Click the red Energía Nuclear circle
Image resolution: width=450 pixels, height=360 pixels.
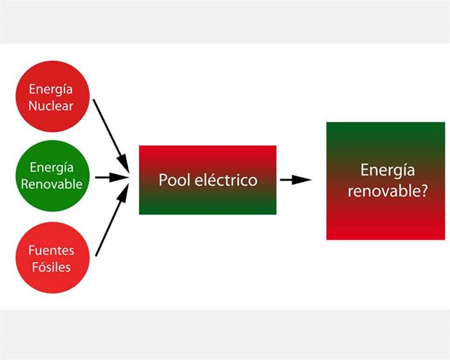click(51, 96)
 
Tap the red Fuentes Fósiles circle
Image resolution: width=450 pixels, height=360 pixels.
click(51, 257)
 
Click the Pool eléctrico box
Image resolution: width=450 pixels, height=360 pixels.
click(208, 180)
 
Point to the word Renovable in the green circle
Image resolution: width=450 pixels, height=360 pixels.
click(51, 184)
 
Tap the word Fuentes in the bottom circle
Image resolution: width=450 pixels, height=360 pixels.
click(51, 249)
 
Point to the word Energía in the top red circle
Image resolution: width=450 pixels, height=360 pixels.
click(51, 89)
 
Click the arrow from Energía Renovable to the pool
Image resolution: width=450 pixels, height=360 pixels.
click(111, 177)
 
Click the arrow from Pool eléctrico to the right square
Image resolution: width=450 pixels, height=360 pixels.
click(295, 180)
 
